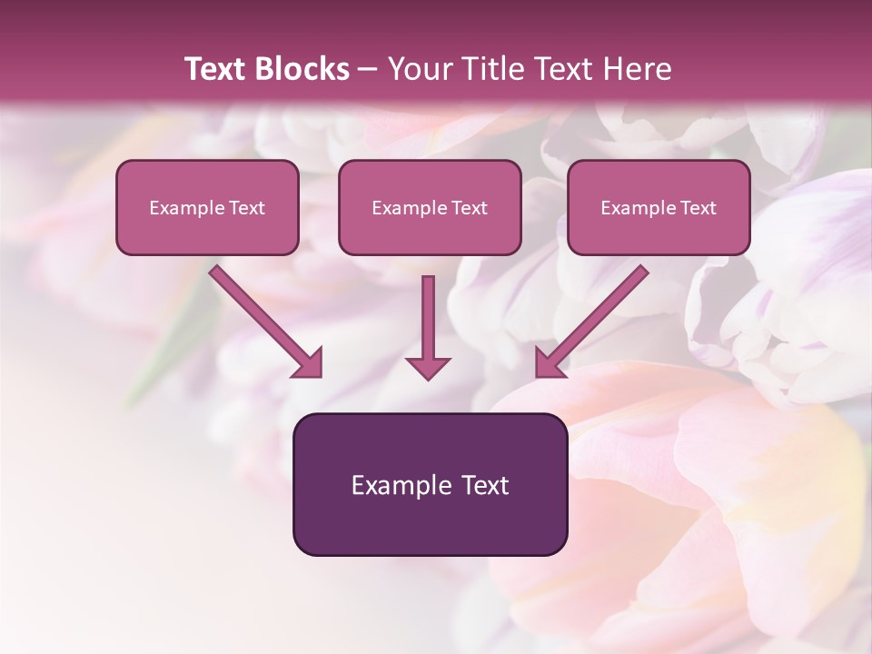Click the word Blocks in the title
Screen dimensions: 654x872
pos(302,69)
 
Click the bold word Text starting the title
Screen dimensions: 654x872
pos(216,69)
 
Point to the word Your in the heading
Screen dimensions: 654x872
pos(415,69)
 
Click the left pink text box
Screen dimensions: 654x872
pos(207,207)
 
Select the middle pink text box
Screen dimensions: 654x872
pos(430,207)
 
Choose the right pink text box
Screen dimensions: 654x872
pos(659,207)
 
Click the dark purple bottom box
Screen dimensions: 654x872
pos(430,484)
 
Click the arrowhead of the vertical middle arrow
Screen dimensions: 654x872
pos(428,367)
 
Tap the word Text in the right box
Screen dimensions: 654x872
pos(698,208)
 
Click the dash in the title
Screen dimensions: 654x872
pos(368,70)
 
